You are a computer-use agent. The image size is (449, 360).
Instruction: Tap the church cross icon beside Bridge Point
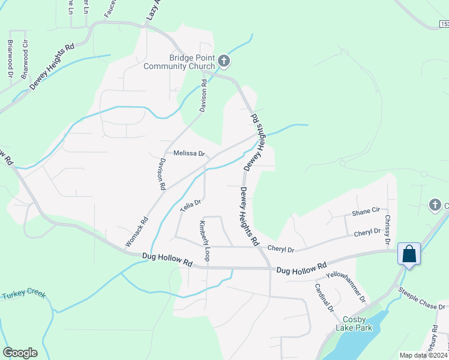[x=224, y=61]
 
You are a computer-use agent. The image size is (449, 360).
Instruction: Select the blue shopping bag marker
[x=409, y=254]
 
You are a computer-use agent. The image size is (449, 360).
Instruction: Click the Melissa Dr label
[x=189, y=154]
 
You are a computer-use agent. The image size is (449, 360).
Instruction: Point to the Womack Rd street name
[x=136, y=232]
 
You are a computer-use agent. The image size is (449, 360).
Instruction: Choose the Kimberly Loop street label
[x=204, y=241]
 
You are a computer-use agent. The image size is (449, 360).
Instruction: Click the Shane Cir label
[x=366, y=211]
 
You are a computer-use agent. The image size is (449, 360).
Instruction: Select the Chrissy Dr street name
[x=388, y=229]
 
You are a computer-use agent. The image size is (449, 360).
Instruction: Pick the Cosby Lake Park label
[x=358, y=323]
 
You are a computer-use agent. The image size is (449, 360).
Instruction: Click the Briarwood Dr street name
[x=10, y=58]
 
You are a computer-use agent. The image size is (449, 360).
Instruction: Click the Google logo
[x=20, y=353]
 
